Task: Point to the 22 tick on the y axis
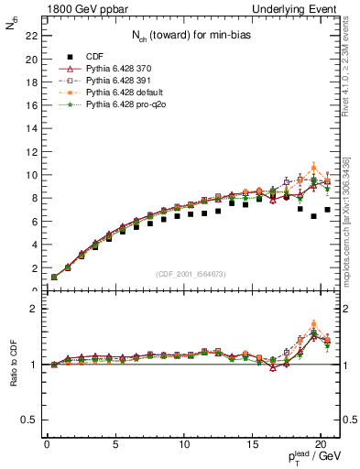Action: [30, 36]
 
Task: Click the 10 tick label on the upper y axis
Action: [30, 175]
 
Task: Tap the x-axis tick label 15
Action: [252, 444]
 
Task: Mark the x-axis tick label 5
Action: [115, 444]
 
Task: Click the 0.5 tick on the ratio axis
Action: [27, 420]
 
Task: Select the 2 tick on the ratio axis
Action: [32, 309]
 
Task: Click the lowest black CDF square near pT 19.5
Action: [314, 216]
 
